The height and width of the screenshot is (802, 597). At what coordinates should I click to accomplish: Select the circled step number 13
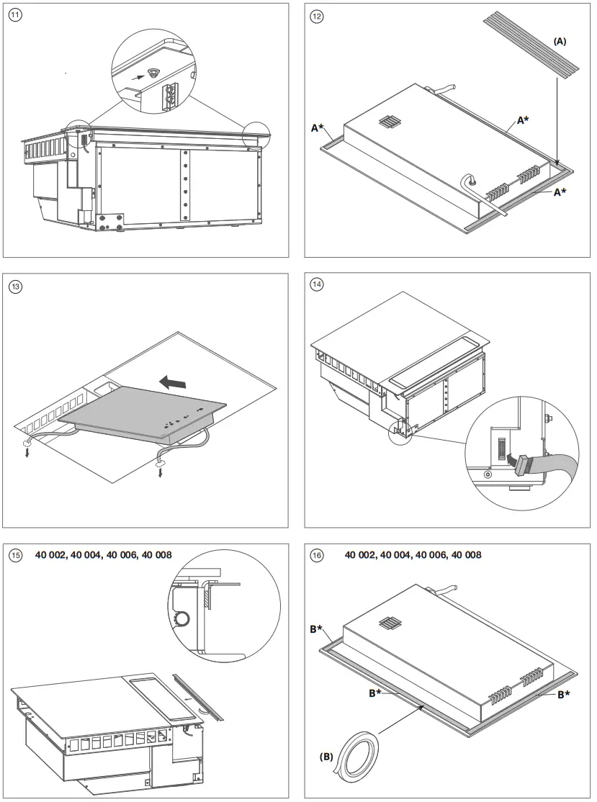coord(15,286)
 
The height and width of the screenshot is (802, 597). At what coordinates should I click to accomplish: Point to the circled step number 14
coord(317,284)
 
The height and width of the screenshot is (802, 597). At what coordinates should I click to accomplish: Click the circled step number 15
coord(15,555)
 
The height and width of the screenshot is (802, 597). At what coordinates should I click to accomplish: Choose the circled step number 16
coord(317,555)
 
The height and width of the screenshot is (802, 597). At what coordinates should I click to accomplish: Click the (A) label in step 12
coord(560,42)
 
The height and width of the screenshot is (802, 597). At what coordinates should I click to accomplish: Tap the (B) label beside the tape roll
coord(328,757)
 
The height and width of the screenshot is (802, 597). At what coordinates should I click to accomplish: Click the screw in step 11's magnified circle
coord(153,72)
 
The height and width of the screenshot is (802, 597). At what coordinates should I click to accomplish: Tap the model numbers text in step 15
coord(104,555)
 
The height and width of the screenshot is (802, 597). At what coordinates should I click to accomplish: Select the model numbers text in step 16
coord(413,555)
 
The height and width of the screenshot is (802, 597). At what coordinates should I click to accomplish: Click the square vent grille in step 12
coord(388,122)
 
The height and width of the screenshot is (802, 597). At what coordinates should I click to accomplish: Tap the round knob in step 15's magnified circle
coord(185,617)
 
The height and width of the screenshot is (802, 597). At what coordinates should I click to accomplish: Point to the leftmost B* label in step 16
coord(316,629)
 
